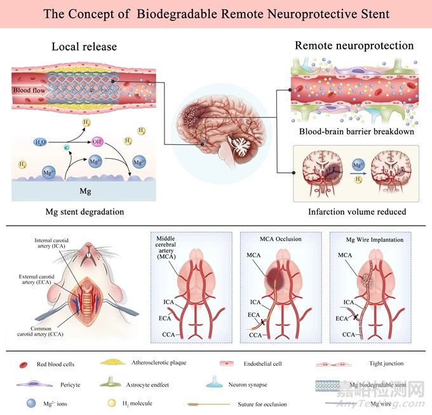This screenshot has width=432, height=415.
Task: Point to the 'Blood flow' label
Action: point(30,90)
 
